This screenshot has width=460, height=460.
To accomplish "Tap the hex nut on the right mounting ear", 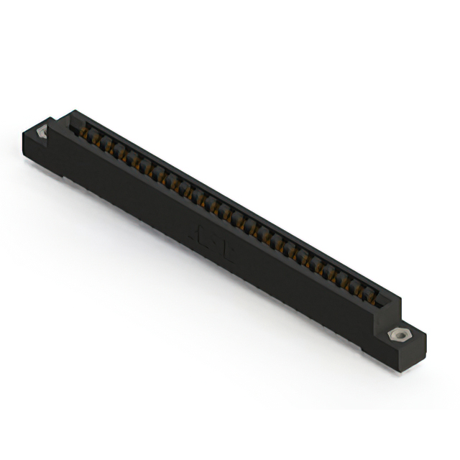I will click(395, 335).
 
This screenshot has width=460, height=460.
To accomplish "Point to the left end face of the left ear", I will click(29, 147).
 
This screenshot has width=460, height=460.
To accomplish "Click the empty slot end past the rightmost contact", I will click(381, 301).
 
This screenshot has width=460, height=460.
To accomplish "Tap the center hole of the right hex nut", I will click(395, 335).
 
